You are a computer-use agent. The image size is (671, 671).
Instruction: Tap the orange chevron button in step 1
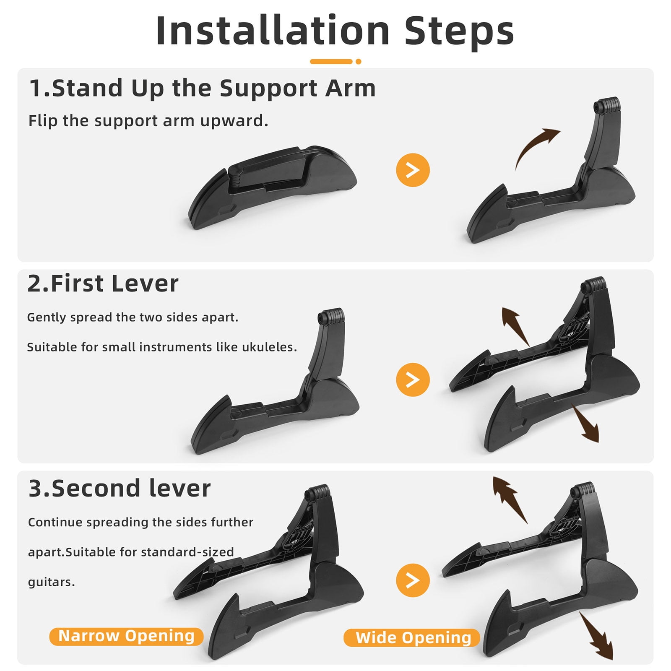click(413, 170)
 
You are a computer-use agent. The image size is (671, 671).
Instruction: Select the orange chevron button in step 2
click(413, 380)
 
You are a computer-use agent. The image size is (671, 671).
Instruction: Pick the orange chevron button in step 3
click(413, 580)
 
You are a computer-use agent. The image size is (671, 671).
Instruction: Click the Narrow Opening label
click(126, 636)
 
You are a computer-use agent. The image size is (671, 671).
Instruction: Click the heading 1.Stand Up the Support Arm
click(202, 88)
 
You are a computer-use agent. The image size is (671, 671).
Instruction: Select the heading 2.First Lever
click(103, 283)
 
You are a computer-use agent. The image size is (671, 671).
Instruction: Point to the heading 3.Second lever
click(120, 489)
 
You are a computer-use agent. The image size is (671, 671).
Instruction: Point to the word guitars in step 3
click(51, 583)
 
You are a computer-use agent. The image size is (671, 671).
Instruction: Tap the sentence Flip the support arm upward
click(148, 121)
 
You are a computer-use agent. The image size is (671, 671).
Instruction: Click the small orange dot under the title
click(358, 62)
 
